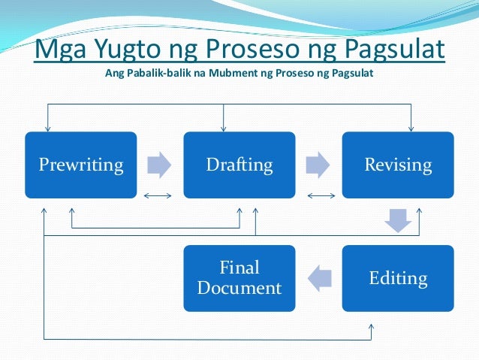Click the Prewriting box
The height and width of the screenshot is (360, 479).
pyautogui.click(x=81, y=165)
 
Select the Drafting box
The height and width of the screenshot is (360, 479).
pyautogui.click(x=239, y=165)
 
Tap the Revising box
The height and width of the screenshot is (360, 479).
pyautogui.click(x=398, y=165)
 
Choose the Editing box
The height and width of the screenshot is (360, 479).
pyautogui.click(x=398, y=278)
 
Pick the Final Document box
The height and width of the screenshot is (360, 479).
pyautogui.click(x=239, y=278)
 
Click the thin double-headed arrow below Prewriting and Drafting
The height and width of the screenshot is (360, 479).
pyautogui.click(x=158, y=197)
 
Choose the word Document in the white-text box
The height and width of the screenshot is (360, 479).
pyautogui.click(x=239, y=288)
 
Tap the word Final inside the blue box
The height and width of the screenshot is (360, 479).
pyautogui.click(x=239, y=268)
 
